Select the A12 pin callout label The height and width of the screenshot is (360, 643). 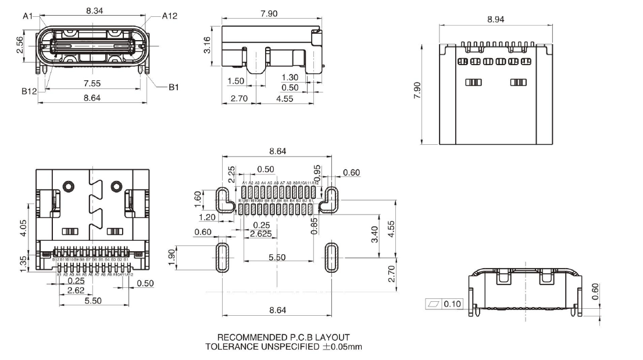(x=169, y=16)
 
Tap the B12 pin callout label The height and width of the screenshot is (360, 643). (x=30, y=91)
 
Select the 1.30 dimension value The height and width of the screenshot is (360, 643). (x=291, y=77)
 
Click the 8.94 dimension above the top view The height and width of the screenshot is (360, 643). (x=495, y=19)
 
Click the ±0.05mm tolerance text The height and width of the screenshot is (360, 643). (x=342, y=347)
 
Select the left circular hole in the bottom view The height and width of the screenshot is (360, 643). (x=69, y=187)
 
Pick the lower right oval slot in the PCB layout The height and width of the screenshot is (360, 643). (x=331, y=256)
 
